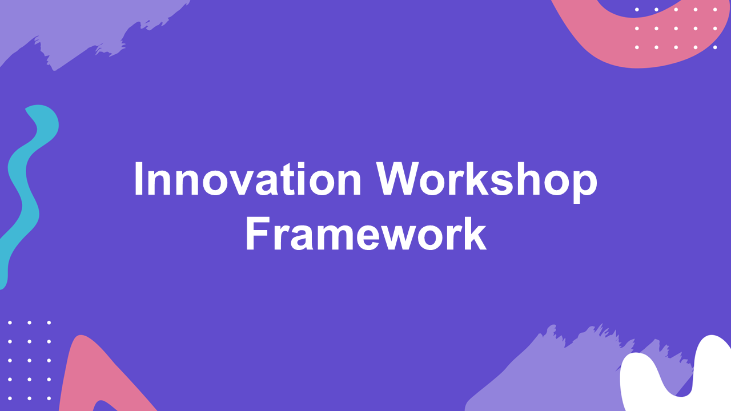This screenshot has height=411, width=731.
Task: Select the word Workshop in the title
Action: tap(487, 179)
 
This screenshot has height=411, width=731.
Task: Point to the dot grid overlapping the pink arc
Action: tap(676, 28)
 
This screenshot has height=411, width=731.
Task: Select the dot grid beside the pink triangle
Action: tap(29, 360)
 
